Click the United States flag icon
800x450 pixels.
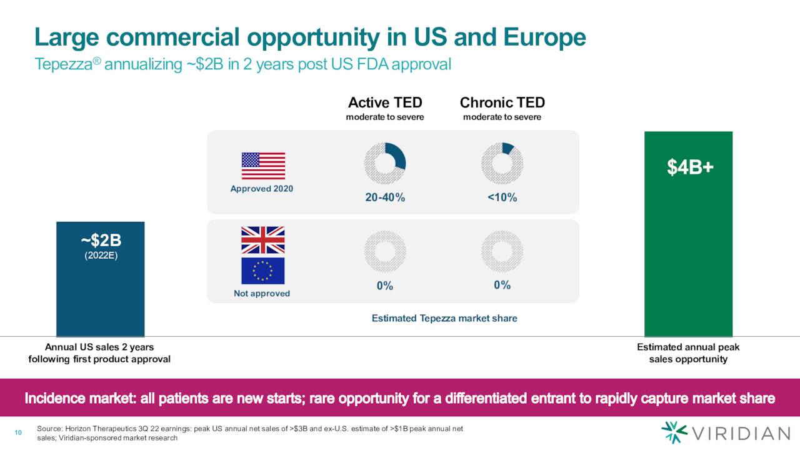pos(263,166)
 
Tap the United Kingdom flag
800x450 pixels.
pos(263,240)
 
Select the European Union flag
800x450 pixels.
pos(263,271)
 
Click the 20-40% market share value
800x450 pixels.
pos(385,197)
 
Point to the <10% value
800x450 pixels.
pos(502,197)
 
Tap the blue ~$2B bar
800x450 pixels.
pos(101,279)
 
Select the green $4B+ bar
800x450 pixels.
pos(688,234)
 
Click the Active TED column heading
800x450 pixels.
pos(385,103)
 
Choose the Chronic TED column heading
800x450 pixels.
pos(502,103)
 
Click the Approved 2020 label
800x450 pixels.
pos(262,189)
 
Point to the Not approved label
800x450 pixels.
pos(262,294)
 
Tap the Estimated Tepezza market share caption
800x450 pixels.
pos(444,318)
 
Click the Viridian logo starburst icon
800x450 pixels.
pos(674,432)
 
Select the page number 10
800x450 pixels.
pos(18,433)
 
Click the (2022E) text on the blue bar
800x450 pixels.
pos(101,256)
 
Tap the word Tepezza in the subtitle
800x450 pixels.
pos(64,64)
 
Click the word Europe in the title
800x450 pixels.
pos(544,38)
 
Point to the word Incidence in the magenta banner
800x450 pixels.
pos(55,398)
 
